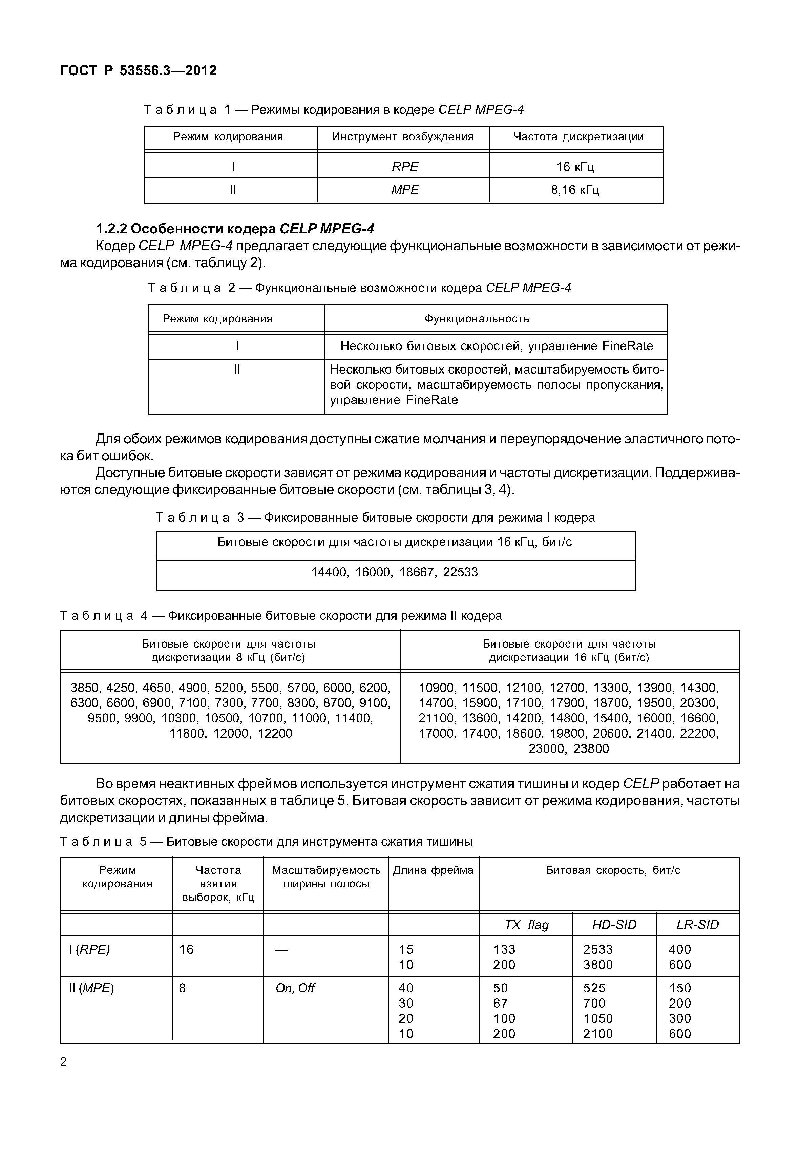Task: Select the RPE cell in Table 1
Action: [404, 166]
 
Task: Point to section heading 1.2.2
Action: [235, 229]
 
